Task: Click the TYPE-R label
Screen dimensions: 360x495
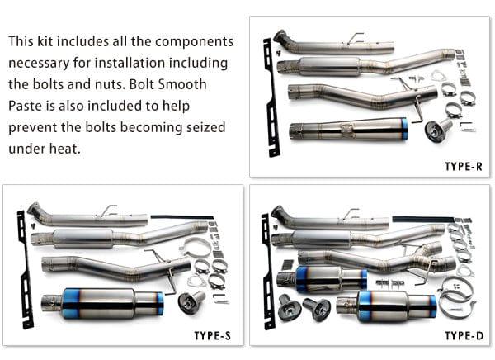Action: pos(463,166)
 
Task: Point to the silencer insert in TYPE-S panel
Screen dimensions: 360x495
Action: pos(191,303)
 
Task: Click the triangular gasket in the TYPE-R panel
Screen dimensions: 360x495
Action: pos(438,76)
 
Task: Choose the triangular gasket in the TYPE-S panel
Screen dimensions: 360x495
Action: pos(196,281)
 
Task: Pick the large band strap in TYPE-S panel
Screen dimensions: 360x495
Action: pos(196,247)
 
